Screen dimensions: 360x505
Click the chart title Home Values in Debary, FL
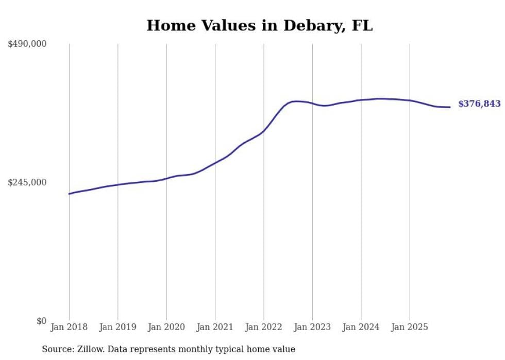tap(259, 26)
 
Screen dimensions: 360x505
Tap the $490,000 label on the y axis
tap(27, 44)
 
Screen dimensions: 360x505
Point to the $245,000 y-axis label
tap(27, 182)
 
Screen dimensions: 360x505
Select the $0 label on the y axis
tap(41, 321)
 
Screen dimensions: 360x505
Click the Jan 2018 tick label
tap(69, 327)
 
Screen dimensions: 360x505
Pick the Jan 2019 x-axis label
tap(117, 327)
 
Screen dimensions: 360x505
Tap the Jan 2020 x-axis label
tap(166, 327)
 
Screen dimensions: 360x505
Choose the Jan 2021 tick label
tap(215, 327)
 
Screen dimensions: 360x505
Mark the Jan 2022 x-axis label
tap(264, 327)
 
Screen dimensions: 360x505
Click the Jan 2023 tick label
tap(312, 327)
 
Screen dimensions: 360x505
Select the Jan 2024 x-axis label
tap(361, 327)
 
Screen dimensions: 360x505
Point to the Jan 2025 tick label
tap(410, 327)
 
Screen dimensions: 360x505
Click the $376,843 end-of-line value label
tap(479, 104)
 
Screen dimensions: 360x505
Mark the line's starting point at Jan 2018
tap(69, 194)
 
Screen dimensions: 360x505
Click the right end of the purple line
tap(450, 107)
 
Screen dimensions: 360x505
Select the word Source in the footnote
tap(56, 349)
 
